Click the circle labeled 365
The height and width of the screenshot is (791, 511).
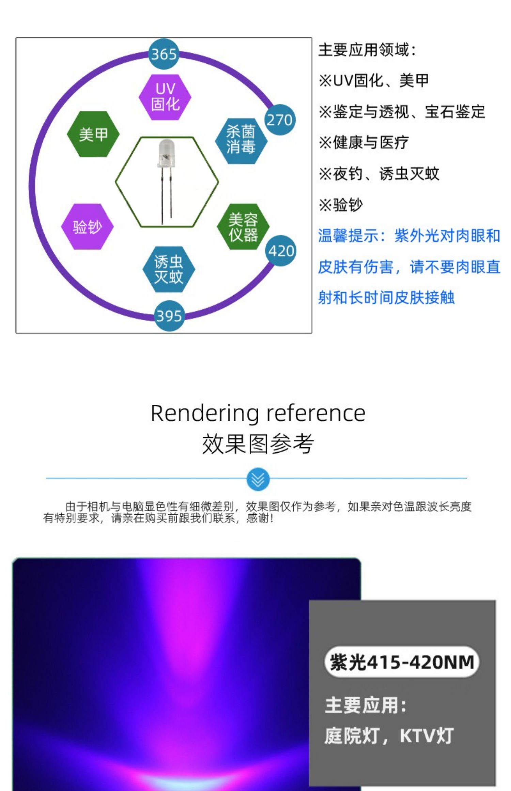[x=164, y=54]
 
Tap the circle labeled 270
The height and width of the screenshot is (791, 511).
[x=279, y=120]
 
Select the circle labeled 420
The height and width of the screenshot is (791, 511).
[x=281, y=251]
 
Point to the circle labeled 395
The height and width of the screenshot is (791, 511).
[x=169, y=316]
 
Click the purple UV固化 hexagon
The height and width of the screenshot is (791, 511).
[x=165, y=97]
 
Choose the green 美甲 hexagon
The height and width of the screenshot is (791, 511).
[x=93, y=134]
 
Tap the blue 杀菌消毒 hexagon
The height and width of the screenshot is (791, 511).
[x=241, y=141]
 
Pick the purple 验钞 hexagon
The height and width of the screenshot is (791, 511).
[x=87, y=227]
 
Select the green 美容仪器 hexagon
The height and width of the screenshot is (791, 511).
[x=243, y=227]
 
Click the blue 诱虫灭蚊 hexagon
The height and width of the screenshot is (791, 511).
[x=169, y=269]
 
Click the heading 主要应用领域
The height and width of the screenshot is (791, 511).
[x=367, y=50]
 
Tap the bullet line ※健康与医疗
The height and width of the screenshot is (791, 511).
[x=363, y=142]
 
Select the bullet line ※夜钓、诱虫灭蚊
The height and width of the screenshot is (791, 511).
[x=378, y=174]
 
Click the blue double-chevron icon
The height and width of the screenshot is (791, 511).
[x=258, y=479]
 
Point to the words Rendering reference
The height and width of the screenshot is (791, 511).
[x=258, y=413]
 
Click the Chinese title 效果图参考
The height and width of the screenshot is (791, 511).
[x=258, y=444]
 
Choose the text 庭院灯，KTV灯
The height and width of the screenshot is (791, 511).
[x=389, y=735]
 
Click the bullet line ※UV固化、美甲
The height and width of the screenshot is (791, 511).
[x=373, y=81]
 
